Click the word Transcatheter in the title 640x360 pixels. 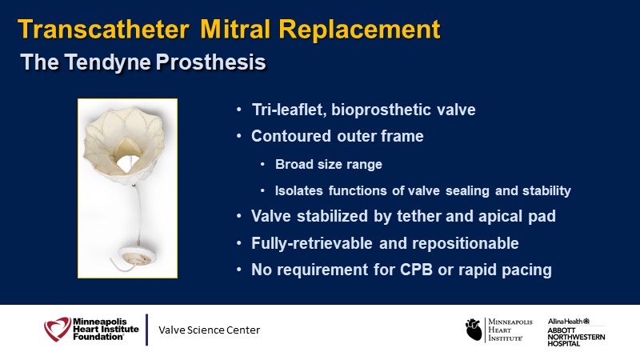tap(104, 30)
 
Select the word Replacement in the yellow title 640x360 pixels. tap(359, 30)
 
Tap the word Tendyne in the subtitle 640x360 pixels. tap(108, 62)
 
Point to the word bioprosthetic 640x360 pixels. tap(382, 110)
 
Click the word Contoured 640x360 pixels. tap(291, 136)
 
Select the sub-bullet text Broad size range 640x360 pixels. tap(329, 164)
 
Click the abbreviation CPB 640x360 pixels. tap(416, 270)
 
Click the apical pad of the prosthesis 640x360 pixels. tap(137, 256)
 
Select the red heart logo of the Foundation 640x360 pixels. tap(58, 329)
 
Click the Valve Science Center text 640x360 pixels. tap(209, 330)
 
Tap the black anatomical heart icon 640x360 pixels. tap(474, 330)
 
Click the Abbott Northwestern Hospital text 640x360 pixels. tap(576, 337)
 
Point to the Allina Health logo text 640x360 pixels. tap(569, 322)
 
